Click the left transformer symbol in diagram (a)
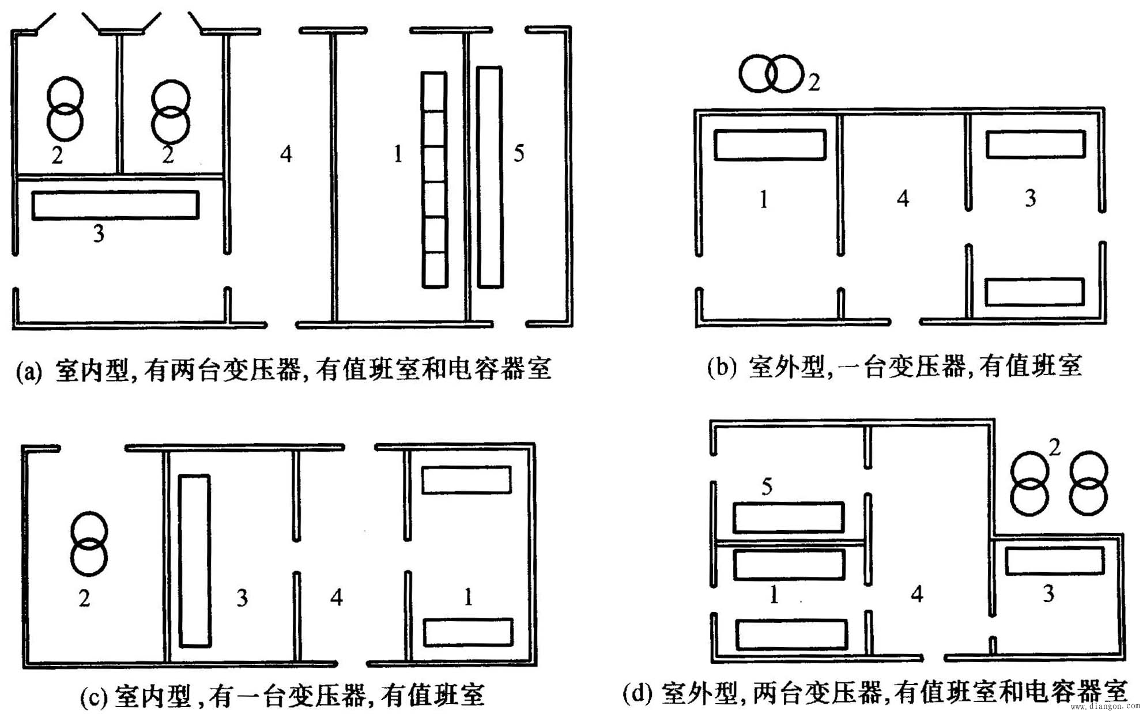coord(65,109)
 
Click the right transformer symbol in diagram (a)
coord(170,112)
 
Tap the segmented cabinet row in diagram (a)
coord(434,179)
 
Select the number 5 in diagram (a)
coord(519,153)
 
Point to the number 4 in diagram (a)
coord(286,154)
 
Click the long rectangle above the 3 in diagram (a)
coord(115,205)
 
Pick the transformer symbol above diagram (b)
coord(771,74)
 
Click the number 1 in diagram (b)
coord(764,199)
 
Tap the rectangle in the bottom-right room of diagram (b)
coord(1035,292)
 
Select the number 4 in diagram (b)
coord(903,199)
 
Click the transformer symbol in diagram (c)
coord(89,543)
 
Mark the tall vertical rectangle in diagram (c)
coord(195,561)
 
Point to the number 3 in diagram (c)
coord(242,598)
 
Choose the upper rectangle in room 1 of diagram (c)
coord(466,479)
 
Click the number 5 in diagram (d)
coord(767,487)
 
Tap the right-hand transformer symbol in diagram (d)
coord(1088,483)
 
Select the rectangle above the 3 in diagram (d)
coord(1055,561)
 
